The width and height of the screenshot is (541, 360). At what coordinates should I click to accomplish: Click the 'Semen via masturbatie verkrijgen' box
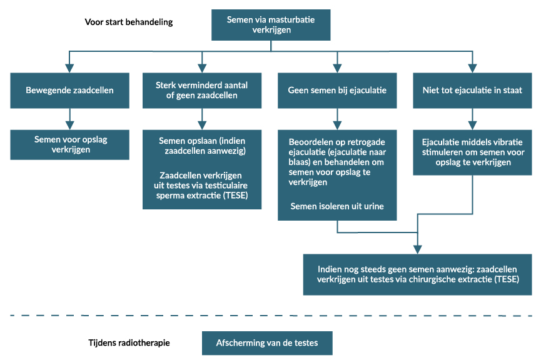(x=271, y=25)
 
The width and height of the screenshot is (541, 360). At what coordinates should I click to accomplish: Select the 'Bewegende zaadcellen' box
(x=69, y=91)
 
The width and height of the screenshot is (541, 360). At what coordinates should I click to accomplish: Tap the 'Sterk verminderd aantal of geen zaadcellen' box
(x=202, y=91)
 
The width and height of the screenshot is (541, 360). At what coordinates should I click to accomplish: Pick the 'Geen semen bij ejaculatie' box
(x=337, y=91)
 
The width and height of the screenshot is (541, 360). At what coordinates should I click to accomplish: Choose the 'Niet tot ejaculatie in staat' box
(x=472, y=91)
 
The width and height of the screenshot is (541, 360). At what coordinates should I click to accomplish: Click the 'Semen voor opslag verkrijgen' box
(x=69, y=145)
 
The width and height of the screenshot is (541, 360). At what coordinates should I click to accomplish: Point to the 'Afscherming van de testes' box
(x=267, y=343)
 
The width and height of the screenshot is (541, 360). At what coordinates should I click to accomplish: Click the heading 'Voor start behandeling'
(x=129, y=22)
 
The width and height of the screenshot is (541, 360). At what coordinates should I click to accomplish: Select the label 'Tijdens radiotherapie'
(x=129, y=342)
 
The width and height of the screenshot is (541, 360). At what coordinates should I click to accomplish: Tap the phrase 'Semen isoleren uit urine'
(x=337, y=206)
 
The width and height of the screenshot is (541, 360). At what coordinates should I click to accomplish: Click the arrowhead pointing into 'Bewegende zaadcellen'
(x=69, y=68)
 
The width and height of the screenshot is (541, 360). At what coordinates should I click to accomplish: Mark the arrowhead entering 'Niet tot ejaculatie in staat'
(x=472, y=68)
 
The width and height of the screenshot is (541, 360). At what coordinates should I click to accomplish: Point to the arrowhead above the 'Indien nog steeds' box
(x=418, y=249)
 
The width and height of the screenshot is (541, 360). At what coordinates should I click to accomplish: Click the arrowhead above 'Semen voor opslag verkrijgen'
(x=69, y=126)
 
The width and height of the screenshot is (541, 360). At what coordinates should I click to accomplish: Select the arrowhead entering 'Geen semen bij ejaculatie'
(x=337, y=68)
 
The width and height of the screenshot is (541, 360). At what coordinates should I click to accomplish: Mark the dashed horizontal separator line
(x=271, y=316)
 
